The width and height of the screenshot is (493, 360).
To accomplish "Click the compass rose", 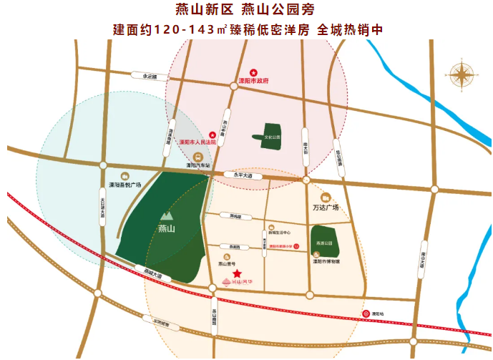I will [x=461, y=74].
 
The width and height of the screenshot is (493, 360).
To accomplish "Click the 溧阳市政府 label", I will [x=253, y=81].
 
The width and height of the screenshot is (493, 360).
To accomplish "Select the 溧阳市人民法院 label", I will [x=197, y=142].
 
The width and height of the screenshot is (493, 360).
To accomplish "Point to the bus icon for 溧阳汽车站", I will [x=198, y=157].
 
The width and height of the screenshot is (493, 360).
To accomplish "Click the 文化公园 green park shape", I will [x=270, y=135].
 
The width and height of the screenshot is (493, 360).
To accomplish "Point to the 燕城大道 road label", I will [x=152, y=273].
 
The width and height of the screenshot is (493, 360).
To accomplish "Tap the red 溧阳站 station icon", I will [x=362, y=313].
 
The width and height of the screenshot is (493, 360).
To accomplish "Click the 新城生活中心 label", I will [x=278, y=233].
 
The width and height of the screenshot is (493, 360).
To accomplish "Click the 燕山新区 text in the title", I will [x=202, y=10].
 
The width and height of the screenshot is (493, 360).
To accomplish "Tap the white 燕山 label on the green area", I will [x=167, y=229].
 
